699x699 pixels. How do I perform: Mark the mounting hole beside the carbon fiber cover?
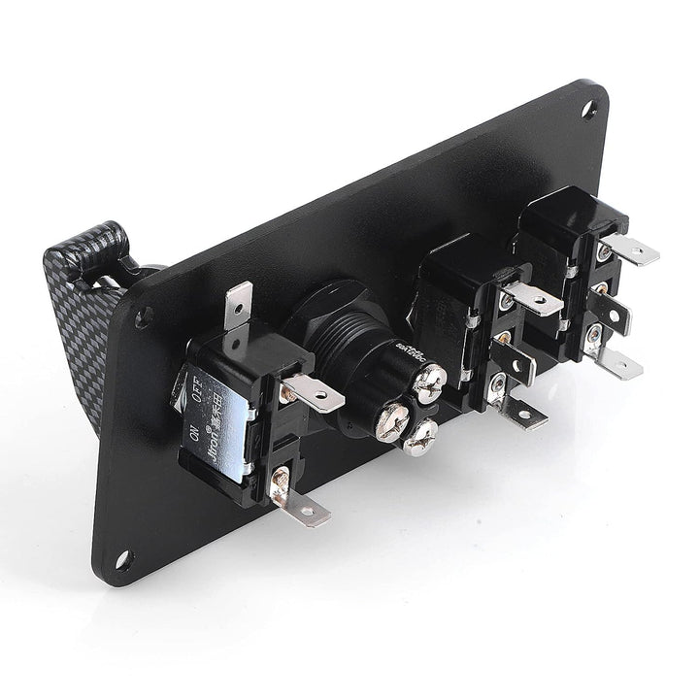(144, 316)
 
